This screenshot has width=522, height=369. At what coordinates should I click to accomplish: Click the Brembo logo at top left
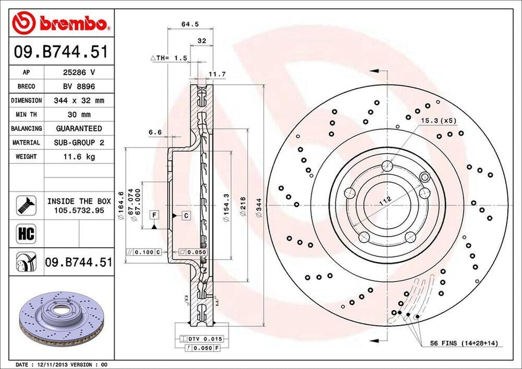click(x=61, y=23)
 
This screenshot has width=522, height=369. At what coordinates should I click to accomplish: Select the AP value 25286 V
click(x=79, y=72)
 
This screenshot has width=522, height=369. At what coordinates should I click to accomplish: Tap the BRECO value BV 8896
click(x=79, y=87)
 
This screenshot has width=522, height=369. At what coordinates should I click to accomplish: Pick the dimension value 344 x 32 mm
click(x=79, y=101)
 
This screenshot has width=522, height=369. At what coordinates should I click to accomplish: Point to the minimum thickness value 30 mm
click(x=79, y=115)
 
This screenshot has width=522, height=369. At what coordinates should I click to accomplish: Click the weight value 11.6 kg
click(x=79, y=156)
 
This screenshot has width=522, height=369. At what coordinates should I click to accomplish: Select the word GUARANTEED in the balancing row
click(x=79, y=128)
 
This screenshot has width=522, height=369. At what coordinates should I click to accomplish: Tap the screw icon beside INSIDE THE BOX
click(x=24, y=205)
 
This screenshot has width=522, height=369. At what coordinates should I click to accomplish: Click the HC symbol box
click(x=25, y=233)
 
